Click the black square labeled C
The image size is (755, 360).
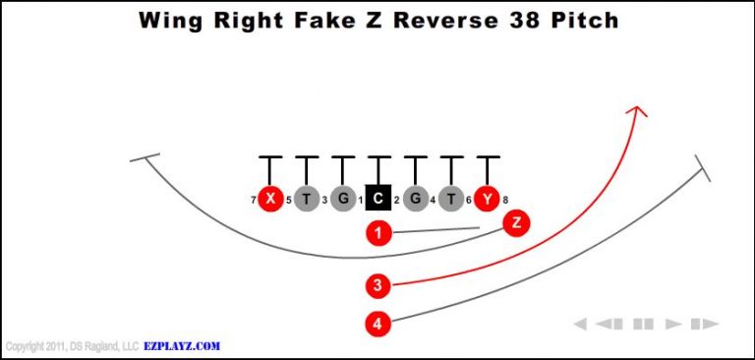pyautogui.click(x=378, y=199)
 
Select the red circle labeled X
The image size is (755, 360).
pyautogui.click(x=269, y=199)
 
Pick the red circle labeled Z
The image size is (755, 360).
pyautogui.click(x=516, y=222)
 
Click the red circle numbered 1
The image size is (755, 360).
pyautogui.click(x=378, y=233)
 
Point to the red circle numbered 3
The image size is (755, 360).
pyautogui.click(x=378, y=286)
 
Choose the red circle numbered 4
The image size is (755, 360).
pyautogui.click(x=378, y=323)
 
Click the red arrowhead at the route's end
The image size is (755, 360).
pyautogui.click(x=638, y=111)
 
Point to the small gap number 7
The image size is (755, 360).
pyautogui.click(x=253, y=200)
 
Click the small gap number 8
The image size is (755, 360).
pyautogui.click(x=505, y=200)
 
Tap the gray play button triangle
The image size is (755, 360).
pyautogui.click(x=673, y=324)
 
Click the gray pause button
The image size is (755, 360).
pyautogui.click(x=643, y=324)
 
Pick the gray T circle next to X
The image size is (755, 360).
pyautogui.click(x=306, y=199)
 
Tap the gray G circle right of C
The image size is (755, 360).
pyautogui.click(x=415, y=199)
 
